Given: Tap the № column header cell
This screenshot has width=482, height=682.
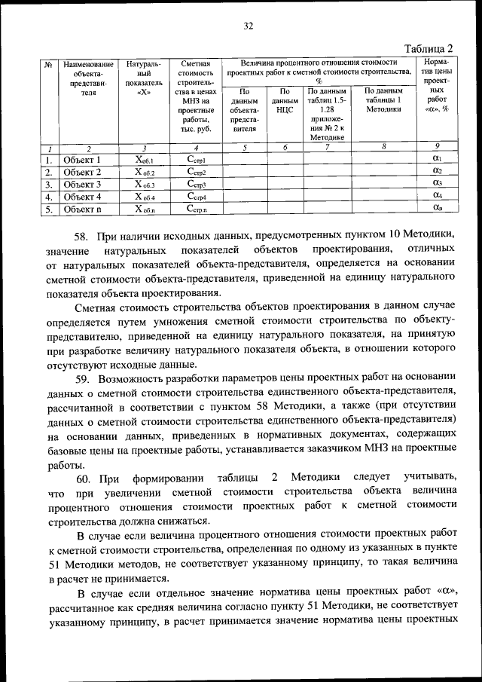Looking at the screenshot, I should [47, 66].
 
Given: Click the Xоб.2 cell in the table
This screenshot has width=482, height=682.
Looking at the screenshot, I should [144, 172].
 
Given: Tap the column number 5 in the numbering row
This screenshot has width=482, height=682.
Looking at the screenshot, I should [245, 148].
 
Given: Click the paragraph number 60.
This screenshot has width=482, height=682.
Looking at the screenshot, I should [83, 478].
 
